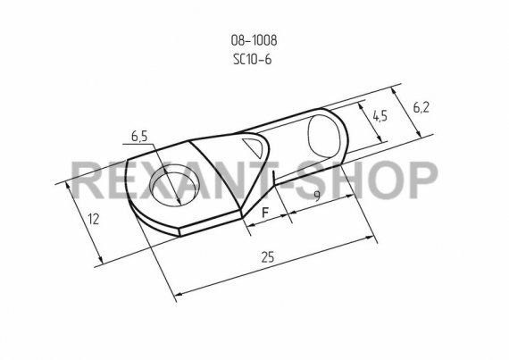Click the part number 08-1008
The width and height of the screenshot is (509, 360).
click(x=254, y=40)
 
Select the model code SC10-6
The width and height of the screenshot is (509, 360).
click(x=252, y=60)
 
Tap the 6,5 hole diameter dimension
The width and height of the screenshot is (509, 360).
click(x=139, y=137)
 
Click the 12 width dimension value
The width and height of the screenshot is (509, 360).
click(x=94, y=220)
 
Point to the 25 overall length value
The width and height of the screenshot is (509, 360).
click(x=268, y=257)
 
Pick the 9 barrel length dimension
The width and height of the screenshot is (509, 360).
click(x=317, y=196)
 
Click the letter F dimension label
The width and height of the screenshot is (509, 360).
click(x=265, y=213)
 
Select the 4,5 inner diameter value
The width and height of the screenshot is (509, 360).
click(x=380, y=116)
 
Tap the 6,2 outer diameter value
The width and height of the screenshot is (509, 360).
click(x=421, y=107)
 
